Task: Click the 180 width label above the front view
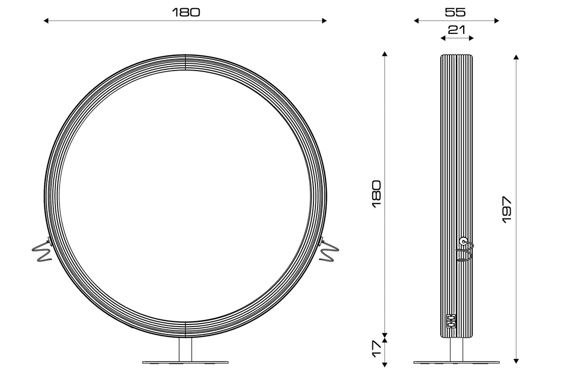coord(186,12)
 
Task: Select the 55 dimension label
coord(455,12)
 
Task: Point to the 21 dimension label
coord(456,29)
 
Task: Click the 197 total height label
coord(507,210)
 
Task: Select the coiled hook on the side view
coord(465,248)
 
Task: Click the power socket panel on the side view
coord(451,321)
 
